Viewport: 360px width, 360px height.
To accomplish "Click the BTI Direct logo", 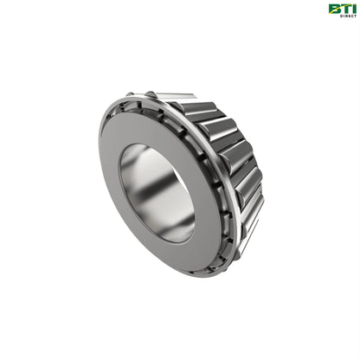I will (x=340, y=10).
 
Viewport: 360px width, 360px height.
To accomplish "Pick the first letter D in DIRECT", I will (x=331, y=16).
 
